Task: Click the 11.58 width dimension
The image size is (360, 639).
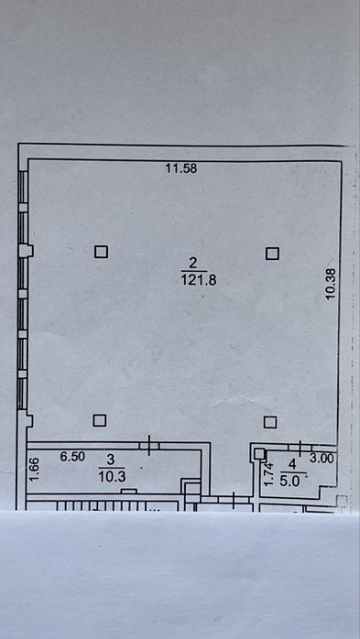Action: [x=181, y=168]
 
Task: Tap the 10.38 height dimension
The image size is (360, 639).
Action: [x=331, y=284]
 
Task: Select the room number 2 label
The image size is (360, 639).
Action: [x=193, y=263]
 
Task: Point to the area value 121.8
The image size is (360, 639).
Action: [x=199, y=280]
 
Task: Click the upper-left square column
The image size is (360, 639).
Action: [x=101, y=252]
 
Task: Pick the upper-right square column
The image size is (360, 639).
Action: [x=272, y=254]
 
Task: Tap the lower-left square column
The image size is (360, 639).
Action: [x=100, y=420]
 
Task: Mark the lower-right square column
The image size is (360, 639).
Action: [x=270, y=422]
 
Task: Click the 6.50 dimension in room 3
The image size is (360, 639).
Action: [x=72, y=457]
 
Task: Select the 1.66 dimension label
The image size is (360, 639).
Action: [x=35, y=470]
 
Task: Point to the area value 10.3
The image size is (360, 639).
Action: [x=112, y=477]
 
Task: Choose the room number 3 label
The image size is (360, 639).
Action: [x=110, y=460]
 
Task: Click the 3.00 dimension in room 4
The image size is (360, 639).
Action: [x=322, y=459]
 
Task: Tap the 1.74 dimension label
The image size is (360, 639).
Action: [x=268, y=475]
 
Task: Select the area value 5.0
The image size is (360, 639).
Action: [x=289, y=482]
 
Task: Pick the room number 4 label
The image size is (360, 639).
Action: [x=292, y=464]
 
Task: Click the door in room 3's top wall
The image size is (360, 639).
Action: [x=148, y=446]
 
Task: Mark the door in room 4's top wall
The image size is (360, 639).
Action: [x=300, y=448]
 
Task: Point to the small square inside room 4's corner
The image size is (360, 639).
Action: [x=259, y=453]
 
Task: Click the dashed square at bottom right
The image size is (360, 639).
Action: [x=342, y=501]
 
